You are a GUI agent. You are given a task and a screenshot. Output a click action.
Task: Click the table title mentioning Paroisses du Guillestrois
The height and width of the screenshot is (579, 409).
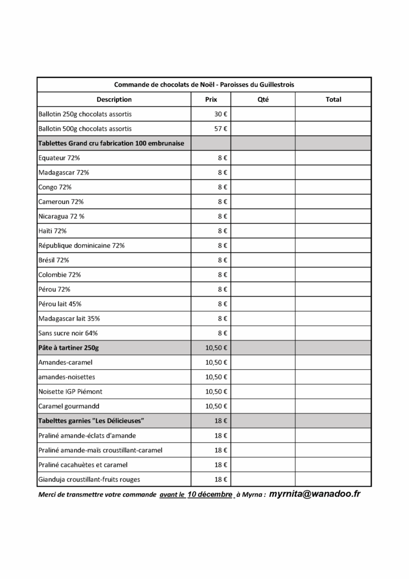click(x=204, y=84)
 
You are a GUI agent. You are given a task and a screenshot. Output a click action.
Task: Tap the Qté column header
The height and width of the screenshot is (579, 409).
click(x=263, y=100)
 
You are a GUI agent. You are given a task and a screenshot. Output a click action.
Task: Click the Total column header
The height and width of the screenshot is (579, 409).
click(x=333, y=100)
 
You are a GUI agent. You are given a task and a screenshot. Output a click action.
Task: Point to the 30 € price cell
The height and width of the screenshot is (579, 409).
click(x=220, y=114)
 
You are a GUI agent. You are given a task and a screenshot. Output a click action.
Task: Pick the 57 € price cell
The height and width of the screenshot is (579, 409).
click(x=220, y=129)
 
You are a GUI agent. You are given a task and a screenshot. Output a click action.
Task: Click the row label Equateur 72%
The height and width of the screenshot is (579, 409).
click(x=59, y=158)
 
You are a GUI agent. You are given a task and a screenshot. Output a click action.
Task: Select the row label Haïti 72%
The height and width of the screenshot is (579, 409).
click(x=53, y=231)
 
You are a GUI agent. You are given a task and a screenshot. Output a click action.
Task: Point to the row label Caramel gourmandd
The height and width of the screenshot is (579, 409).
click(x=68, y=406)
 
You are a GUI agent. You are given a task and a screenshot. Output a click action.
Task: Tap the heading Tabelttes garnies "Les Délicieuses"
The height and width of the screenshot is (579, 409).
click(x=91, y=421)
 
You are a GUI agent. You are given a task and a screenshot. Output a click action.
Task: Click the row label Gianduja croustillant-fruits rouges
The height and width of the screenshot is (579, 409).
click(x=89, y=479)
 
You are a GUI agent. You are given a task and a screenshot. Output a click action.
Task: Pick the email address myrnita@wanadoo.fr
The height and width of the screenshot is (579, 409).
click(x=315, y=493)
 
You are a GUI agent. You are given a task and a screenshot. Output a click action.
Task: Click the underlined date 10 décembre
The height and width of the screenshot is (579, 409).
click(x=210, y=494)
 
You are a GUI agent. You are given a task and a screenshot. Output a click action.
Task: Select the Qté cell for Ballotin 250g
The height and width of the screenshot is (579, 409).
click(x=263, y=114)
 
